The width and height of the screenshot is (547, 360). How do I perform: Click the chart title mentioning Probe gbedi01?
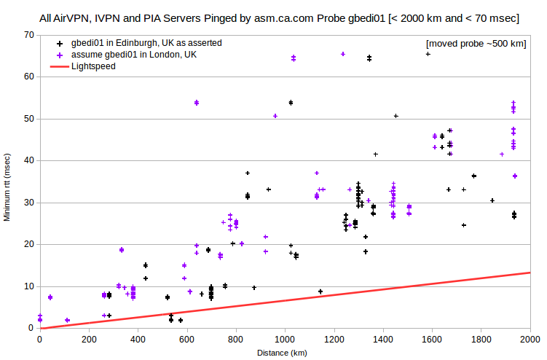[279, 18]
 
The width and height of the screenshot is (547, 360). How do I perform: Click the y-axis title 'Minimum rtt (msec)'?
[7, 187]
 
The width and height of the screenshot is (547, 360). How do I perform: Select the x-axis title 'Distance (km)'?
[282, 353]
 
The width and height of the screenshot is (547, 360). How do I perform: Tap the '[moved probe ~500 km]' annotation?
[476, 44]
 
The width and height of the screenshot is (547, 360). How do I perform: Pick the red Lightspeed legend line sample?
[60, 66]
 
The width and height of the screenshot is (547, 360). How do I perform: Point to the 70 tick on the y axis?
[29, 35]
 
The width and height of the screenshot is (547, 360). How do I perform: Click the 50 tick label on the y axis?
[29, 119]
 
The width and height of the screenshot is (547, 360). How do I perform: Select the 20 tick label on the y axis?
[29, 244]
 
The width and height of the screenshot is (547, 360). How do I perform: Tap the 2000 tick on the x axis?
[530, 340]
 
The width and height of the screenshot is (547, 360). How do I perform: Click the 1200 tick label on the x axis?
[334, 340]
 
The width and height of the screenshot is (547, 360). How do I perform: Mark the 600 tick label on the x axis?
[187, 340]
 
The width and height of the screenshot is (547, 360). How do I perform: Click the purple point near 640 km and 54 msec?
[197, 103]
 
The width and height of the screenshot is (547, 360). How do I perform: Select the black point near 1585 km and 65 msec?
[428, 54]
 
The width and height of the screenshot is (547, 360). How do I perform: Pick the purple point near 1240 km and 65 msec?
[343, 54]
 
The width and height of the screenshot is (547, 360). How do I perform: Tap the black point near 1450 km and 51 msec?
[396, 116]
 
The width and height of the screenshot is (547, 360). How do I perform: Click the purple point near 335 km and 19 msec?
[122, 250]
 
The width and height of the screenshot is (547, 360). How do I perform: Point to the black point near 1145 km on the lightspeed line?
[320, 291]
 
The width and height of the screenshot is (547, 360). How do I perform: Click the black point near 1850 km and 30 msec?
[492, 201]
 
